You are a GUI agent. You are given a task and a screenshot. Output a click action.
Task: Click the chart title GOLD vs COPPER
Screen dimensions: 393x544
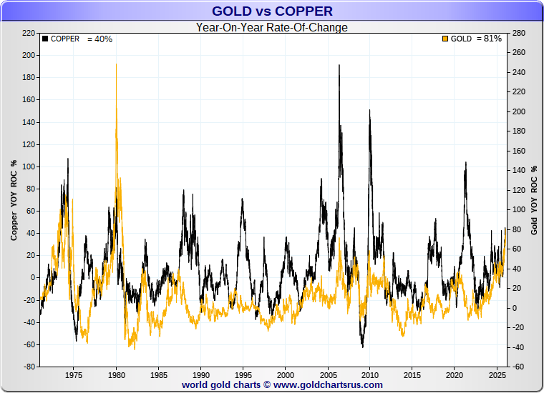[x=272, y=11]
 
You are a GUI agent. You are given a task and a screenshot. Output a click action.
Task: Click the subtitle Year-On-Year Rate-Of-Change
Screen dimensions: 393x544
[x=272, y=28]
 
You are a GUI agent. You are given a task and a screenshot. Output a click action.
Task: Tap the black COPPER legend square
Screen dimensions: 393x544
[x=45, y=39]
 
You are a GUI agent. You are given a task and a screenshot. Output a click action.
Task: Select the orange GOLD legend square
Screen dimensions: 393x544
[x=445, y=39]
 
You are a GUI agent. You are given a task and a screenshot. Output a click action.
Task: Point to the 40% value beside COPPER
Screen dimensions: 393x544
[x=100, y=39]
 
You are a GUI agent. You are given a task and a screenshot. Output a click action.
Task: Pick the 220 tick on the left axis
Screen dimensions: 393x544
[x=29, y=33]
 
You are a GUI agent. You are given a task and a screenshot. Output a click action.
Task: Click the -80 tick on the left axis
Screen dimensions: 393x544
[x=29, y=367]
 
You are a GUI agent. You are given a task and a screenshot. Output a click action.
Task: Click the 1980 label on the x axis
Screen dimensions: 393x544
[x=116, y=374]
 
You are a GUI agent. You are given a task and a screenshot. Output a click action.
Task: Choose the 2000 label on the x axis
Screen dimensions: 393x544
[x=285, y=374]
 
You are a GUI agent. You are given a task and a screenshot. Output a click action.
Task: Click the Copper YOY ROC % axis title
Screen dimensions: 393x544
[x=14, y=199]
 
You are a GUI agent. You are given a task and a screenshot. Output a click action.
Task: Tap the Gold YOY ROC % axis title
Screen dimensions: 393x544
[x=534, y=199]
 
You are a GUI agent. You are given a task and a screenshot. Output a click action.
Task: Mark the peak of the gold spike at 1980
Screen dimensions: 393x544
[x=116, y=64]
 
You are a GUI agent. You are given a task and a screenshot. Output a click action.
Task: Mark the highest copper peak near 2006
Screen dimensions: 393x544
[x=339, y=66]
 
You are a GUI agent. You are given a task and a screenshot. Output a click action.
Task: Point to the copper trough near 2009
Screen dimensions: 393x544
[x=363, y=347]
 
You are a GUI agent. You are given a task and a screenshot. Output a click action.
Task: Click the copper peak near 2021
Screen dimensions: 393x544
[x=465, y=162]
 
